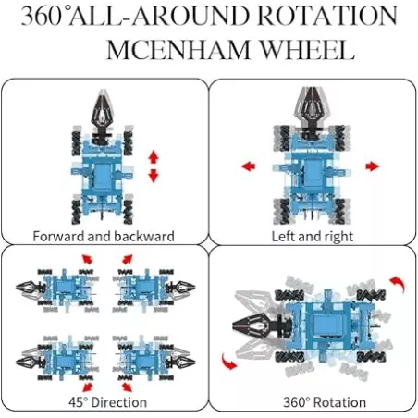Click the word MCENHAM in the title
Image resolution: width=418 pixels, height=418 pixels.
(178, 49)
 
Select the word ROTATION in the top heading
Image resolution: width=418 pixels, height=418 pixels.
(327, 16)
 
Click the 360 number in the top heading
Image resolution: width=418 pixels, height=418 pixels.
(42, 16)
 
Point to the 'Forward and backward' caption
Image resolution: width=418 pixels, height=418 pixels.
(104, 237)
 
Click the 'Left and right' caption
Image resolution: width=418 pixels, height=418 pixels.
(313, 237)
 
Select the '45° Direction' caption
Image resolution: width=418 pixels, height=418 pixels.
(107, 402)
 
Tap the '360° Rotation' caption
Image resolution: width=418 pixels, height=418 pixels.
(325, 402)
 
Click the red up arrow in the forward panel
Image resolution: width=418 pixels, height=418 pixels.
(154, 157)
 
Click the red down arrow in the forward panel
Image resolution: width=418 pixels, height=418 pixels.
(154, 176)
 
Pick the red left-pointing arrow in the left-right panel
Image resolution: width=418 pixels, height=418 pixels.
(248, 166)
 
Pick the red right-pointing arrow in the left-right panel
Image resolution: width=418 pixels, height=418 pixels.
(373, 166)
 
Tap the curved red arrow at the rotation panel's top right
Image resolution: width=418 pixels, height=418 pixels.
(399, 284)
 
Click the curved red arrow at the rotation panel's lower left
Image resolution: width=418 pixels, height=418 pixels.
(227, 363)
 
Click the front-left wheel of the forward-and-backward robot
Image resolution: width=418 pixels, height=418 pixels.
(77, 142)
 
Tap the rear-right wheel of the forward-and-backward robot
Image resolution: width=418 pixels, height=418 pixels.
(128, 212)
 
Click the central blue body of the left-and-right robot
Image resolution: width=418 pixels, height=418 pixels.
(312, 173)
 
